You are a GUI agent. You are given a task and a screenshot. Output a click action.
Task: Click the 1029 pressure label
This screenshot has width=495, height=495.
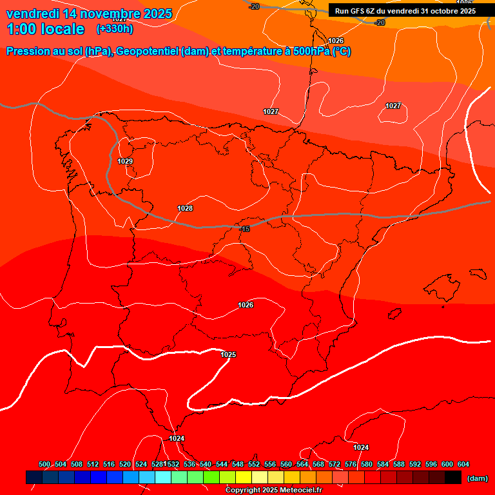point(125,161)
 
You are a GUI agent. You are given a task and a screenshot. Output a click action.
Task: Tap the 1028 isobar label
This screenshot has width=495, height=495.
point(185,208)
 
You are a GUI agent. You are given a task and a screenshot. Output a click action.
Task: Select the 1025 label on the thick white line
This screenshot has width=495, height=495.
point(228,354)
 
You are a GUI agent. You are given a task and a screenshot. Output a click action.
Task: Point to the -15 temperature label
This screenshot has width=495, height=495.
point(245,229)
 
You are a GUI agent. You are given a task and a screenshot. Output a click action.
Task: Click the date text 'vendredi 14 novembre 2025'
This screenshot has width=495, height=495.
point(89,14)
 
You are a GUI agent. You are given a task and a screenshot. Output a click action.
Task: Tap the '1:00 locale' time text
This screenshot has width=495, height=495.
point(45,29)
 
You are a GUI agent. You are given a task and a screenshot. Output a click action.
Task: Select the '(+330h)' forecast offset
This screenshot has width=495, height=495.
point(115,29)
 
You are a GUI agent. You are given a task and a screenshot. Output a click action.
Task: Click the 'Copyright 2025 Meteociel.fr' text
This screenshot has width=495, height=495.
point(273,490)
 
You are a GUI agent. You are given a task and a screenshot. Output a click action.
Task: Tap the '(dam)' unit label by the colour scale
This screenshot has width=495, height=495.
point(477,478)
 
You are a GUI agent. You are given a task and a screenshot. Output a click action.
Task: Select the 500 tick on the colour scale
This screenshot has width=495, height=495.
point(44,464)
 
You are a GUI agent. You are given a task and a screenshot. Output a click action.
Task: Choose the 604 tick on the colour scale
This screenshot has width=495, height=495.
point(463,464)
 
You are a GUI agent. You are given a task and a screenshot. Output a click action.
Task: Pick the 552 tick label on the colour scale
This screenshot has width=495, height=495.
point(254,464)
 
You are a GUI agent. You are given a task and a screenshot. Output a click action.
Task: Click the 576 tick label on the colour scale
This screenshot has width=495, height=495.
point(351,464)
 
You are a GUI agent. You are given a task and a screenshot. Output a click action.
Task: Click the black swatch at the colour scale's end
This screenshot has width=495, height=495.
point(453,477)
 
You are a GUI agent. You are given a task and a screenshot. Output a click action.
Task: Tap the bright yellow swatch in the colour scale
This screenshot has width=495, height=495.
point(244,477)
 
